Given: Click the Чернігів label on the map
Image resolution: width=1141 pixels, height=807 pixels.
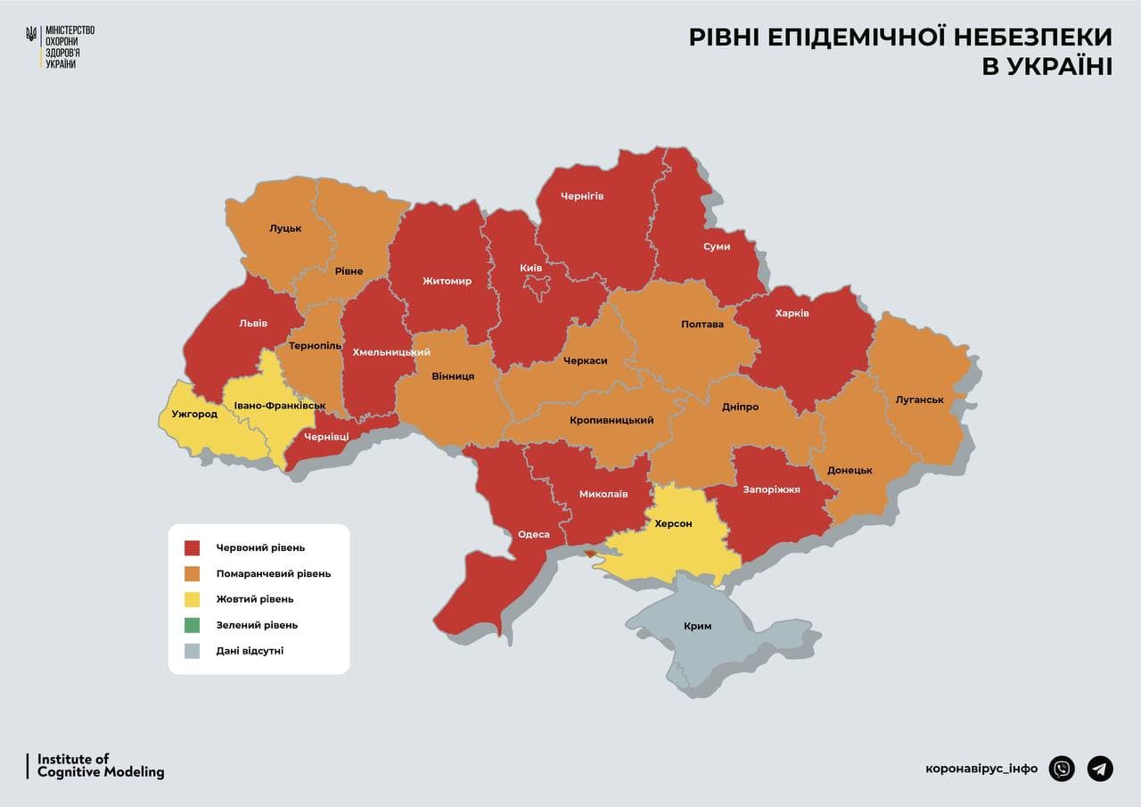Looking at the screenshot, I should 582,196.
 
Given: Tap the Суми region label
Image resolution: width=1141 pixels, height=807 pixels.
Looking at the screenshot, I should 716,246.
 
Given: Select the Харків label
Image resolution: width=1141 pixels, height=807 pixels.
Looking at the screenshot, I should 792,313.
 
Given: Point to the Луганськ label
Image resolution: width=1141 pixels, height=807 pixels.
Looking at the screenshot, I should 919,399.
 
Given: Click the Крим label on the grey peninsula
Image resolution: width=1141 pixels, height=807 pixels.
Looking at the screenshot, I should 697,626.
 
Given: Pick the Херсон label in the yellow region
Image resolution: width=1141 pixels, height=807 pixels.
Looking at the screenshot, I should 673,523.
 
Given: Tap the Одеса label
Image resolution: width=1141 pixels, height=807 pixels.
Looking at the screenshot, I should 534,535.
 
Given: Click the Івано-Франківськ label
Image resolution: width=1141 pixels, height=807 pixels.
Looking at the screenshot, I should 280,406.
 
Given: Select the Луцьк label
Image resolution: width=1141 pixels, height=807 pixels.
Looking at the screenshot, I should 285,228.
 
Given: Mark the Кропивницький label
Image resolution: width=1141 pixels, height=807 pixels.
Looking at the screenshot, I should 612,420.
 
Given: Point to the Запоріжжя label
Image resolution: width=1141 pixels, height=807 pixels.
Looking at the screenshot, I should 771,490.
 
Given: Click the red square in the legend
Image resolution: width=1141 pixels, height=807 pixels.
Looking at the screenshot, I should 193,548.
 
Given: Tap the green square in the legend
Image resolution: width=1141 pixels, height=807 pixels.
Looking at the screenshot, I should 193,625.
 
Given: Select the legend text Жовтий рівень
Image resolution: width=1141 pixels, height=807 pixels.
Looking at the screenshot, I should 255,599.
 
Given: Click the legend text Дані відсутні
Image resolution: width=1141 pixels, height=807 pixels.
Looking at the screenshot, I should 250,651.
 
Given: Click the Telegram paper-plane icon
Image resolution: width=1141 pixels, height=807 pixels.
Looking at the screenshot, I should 1100,768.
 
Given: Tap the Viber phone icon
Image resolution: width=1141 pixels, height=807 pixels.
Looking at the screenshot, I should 1062,768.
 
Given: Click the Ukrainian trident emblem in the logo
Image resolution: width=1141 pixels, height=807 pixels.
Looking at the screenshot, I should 32,35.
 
